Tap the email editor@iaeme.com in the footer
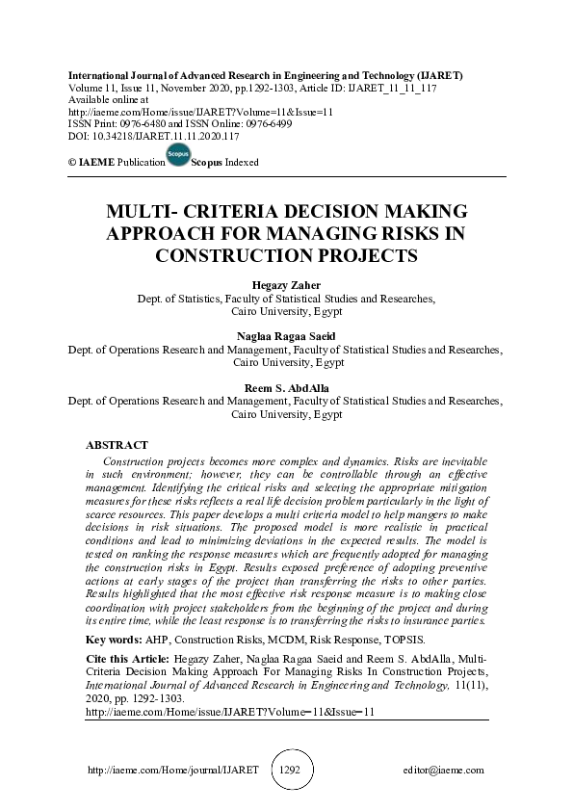coord(444,771)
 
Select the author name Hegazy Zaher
coord(286,286)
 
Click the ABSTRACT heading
coord(117,446)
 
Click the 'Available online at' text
coord(107,99)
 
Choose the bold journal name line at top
coord(264,74)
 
